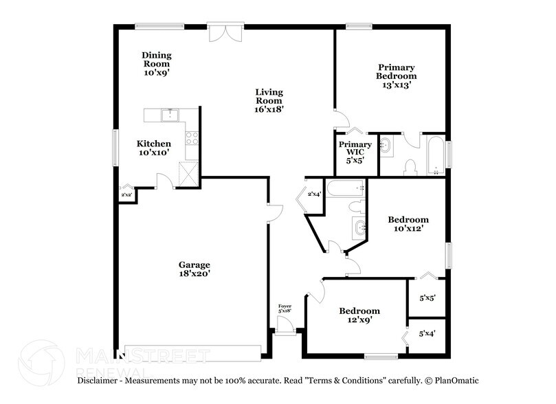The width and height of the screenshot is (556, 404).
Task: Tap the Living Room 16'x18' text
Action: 269,100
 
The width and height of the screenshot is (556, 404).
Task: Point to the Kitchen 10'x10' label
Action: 153,148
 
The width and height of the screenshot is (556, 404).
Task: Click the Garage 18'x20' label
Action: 194,269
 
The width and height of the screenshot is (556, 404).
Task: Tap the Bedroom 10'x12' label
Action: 408,225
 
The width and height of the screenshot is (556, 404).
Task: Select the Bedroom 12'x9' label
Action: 359,315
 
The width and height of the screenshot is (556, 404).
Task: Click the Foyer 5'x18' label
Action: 285,308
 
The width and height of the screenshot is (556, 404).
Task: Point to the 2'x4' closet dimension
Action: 314,194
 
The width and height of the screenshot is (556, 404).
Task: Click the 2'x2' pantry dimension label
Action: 126,194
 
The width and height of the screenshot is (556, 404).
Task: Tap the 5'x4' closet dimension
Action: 427,333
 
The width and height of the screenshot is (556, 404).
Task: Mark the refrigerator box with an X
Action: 188,172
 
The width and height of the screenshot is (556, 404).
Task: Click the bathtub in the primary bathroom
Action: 436,155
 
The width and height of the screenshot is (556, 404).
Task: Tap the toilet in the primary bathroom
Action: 410,167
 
